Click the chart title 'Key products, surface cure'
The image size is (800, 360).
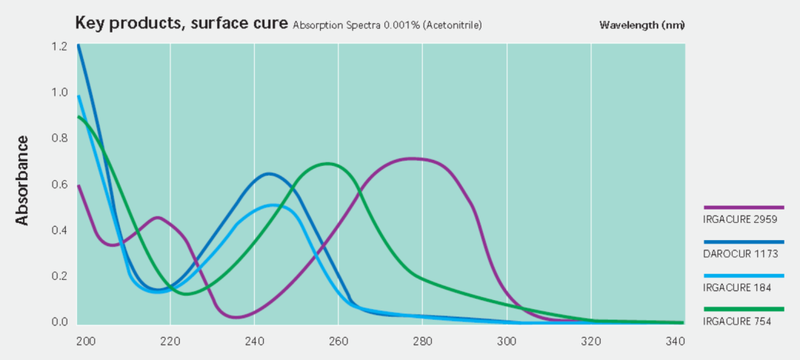[x=181, y=23]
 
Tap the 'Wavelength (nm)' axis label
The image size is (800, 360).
[x=641, y=25]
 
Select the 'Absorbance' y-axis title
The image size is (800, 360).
[x=21, y=180]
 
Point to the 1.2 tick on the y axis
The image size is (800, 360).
[x=59, y=47]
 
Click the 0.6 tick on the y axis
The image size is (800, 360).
[x=59, y=184]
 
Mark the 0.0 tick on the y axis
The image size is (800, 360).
[x=59, y=322]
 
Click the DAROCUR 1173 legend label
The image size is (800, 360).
[x=736, y=253]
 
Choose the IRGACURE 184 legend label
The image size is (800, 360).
[x=733, y=287]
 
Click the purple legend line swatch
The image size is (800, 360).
[x=743, y=208]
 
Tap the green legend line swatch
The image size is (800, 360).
[x=743, y=309]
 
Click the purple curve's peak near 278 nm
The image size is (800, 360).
[x=413, y=158]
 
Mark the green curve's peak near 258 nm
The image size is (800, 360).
[x=327, y=164]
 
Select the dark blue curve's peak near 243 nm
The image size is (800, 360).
[x=268, y=174]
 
